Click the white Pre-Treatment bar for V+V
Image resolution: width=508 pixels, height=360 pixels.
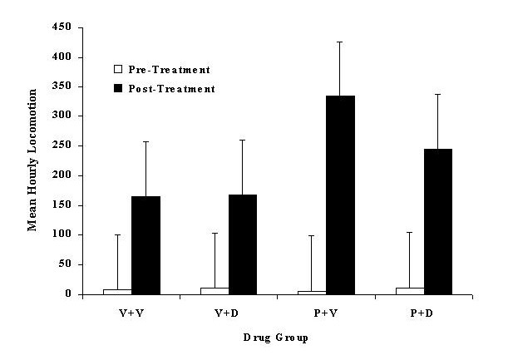pyautogui.click(x=117, y=291)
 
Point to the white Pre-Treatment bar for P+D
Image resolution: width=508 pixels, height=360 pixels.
pyautogui.click(x=409, y=290)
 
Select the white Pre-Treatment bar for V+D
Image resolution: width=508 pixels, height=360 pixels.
pyautogui.click(x=215, y=290)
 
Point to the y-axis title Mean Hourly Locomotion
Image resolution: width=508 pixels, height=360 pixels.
pyautogui.click(x=33, y=161)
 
